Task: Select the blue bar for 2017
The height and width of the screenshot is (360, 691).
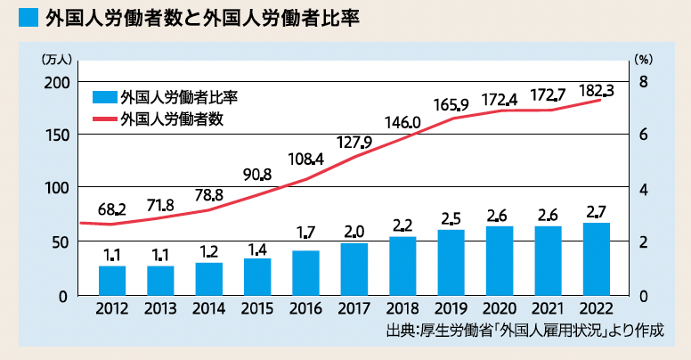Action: coord(354,268)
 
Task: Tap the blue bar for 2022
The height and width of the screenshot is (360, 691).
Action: coord(596,258)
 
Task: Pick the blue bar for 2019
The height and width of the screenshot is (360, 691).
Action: coord(451,262)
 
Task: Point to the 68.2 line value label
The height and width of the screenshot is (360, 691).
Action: coord(112,210)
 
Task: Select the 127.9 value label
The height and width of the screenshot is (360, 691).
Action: coord(354,142)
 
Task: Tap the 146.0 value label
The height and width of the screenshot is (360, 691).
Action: coord(402,123)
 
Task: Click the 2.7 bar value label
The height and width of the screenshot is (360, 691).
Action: coord(596,211)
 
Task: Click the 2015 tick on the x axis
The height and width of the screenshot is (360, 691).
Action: coord(257,309)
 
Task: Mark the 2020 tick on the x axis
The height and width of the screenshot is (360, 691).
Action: coord(499,309)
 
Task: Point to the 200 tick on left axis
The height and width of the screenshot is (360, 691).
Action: coord(57,82)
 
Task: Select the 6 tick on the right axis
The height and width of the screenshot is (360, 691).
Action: coord(645,135)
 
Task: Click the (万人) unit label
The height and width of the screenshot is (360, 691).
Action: coord(55,60)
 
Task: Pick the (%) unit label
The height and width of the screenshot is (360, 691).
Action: coord(644,60)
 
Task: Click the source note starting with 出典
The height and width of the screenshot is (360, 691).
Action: coord(525,331)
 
